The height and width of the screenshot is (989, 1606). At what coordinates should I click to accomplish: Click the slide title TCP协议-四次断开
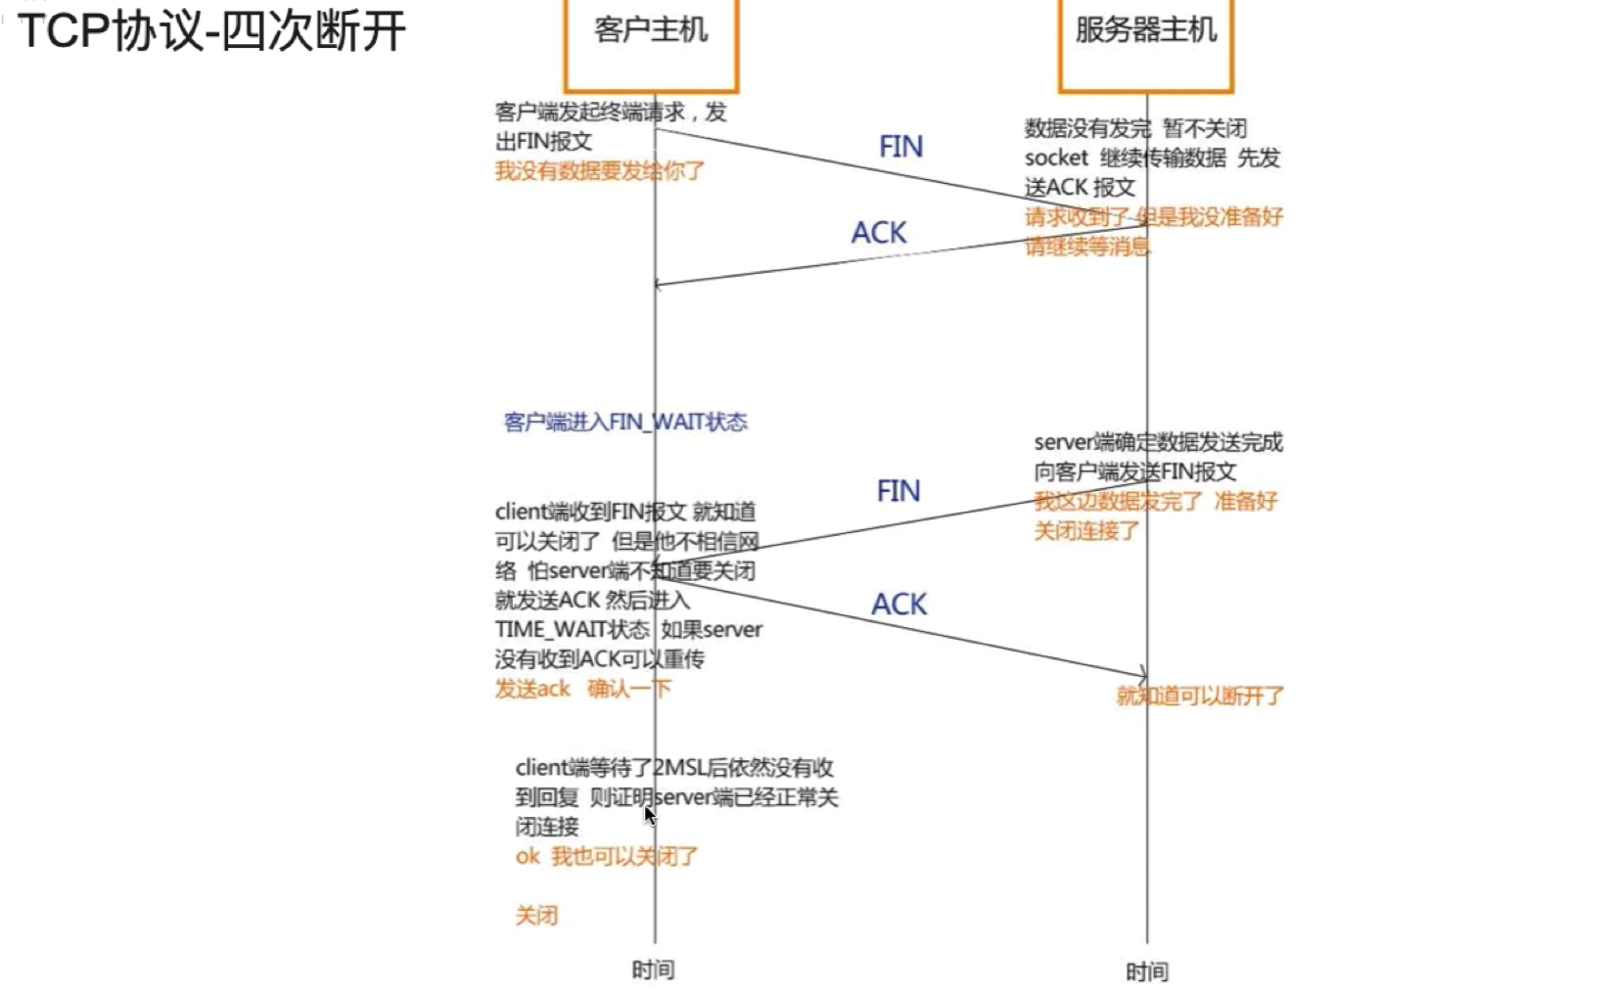[211, 31]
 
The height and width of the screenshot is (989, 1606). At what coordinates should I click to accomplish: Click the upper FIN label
[900, 147]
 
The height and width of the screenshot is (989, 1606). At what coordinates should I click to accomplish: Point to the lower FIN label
[898, 490]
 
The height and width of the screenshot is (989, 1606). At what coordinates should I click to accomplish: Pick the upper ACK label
[879, 233]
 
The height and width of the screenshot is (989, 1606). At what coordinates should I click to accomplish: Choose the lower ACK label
[898, 605]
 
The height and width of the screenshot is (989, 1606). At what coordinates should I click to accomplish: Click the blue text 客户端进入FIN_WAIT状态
[625, 422]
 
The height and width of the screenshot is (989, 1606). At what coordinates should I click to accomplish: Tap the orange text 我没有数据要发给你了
[599, 171]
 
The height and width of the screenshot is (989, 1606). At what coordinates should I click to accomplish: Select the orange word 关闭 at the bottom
[536, 916]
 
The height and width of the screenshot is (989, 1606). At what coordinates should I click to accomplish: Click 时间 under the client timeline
[653, 969]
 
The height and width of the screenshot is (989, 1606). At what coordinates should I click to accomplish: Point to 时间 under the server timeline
[1147, 971]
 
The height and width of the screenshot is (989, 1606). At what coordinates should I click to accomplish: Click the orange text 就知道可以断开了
[1200, 697]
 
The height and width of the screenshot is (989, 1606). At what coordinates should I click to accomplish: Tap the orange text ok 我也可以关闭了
[607, 857]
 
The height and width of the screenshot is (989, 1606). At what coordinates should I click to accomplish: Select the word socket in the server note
[1056, 158]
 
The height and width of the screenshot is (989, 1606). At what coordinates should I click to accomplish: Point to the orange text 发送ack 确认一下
[582, 689]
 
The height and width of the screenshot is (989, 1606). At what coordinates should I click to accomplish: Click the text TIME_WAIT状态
[572, 629]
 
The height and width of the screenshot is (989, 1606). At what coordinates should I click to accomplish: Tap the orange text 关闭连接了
[1086, 531]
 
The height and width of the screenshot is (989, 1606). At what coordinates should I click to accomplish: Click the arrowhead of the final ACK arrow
[1143, 675]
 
